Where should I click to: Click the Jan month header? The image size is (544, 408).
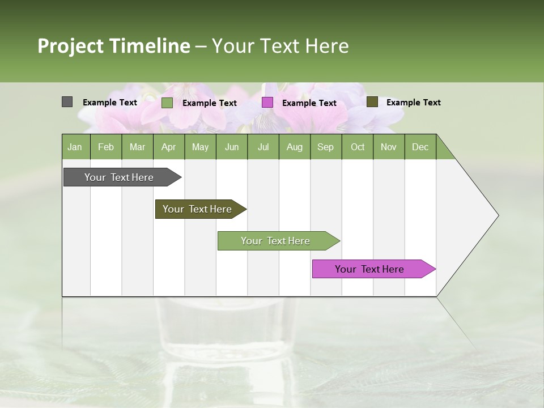(x=75, y=147)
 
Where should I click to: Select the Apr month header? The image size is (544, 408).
(x=168, y=147)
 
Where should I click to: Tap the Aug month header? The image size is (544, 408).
(x=294, y=147)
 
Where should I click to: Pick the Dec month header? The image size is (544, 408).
(x=420, y=147)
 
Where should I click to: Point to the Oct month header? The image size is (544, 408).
(x=357, y=147)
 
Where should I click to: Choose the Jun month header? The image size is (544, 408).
(x=231, y=147)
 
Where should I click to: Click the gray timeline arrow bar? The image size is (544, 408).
(x=119, y=177)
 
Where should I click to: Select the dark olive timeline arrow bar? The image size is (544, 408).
(x=197, y=209)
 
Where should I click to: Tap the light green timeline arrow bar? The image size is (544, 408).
(x=275, y=241)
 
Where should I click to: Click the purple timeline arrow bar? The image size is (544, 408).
(x=369, y=269)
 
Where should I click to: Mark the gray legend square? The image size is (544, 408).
(x=67, y=102)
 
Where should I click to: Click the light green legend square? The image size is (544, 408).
(x=167, y=103)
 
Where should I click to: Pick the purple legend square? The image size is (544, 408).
(x=267, y=103)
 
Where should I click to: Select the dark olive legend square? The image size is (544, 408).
(x=372, y=102)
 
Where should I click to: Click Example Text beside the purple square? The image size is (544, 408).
(x=309, y=103)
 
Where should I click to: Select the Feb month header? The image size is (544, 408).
(x=105, y=147)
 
